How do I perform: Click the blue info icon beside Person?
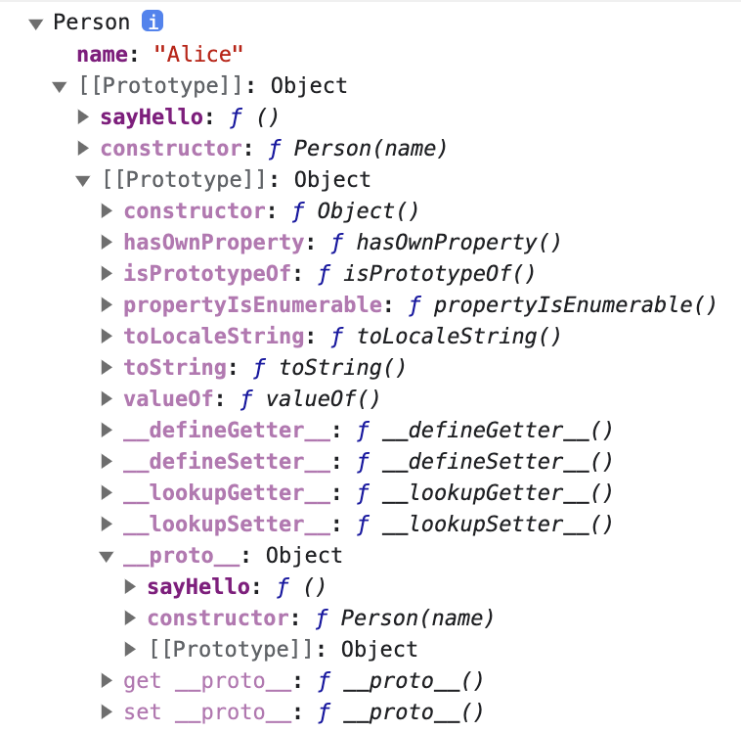tap(153, 22)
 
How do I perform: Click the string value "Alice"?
tap(197, 53)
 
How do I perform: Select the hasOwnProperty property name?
tap(213, 242)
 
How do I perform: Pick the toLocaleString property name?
tap(213, 336)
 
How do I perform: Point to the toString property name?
tap(175, 367)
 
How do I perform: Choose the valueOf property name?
tap(168, 398)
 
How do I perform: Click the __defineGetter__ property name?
tap(227, 430)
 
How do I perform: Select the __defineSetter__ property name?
tap(227, 461)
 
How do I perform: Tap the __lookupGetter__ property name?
tap(227, 492)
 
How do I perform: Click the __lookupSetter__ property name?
tap(227, 524)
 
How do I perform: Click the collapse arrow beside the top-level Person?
tap(36, 23)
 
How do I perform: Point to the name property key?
tap(102, 53)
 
